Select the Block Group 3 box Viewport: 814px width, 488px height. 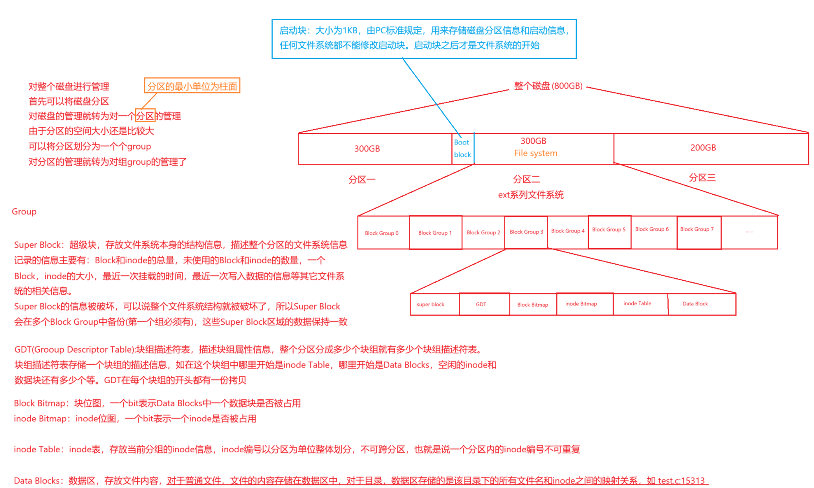(x=526, y=232)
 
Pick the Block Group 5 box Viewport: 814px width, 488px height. (x=609, y=232)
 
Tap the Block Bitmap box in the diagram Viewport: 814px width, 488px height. (x=533, y=305)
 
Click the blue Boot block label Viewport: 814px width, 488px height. (x=462, y=148)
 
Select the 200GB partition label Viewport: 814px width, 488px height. (x=703, y=148)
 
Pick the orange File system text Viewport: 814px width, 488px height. (x=535, y=154)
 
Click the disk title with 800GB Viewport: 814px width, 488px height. (x=548, y=86)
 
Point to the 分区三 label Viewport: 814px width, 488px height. (x=702, y=178)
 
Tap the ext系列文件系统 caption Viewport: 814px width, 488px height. (x=531, y=195)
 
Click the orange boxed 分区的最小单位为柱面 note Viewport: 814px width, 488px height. (x=192, y=86)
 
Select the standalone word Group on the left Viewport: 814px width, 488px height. (x=24, y=212)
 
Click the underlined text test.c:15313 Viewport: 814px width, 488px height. (x=681, y=481)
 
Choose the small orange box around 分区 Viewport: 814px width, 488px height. (x=145, y=116)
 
